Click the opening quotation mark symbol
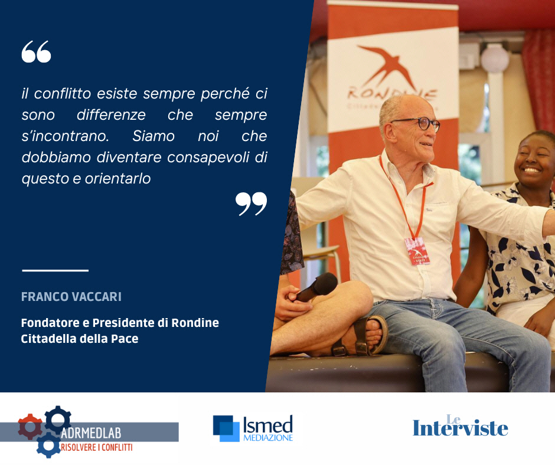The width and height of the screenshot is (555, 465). click(x=36, y=52)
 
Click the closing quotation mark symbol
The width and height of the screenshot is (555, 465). click(x=252, y=204)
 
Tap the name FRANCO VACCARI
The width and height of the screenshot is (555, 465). click(x=71, y=297)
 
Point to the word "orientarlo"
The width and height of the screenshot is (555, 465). click(x=118, y=178)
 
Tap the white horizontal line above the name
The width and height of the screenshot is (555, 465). click(x=56, y=271)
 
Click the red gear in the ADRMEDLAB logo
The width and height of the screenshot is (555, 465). click(x=30, y=427)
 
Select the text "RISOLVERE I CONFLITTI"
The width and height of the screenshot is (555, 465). click(x=97, y=448)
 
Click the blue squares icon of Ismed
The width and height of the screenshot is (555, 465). click(x=226, y=428)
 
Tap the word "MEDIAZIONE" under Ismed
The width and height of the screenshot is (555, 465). click(x=268, y=438)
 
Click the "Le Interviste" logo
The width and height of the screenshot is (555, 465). click(x=460, y=425)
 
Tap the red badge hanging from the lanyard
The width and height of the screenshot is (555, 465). click(x=417, y=251)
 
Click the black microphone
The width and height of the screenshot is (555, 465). click(x=317, y=286)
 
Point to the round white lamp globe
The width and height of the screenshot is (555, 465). click(x=494, y=58)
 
